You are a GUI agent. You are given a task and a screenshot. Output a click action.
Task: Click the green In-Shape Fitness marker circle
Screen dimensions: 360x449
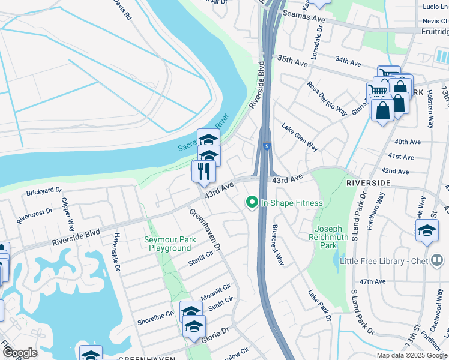pyautogui.click(x=253, y=203)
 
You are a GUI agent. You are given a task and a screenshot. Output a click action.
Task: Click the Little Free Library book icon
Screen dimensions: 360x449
pyautogui.click(x=437, y=260)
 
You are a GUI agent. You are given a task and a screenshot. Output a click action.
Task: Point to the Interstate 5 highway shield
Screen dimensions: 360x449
pyautogui.click(x=265, y=145)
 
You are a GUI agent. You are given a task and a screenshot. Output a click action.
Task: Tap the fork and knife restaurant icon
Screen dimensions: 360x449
pyautogui.click(x=204, y=171)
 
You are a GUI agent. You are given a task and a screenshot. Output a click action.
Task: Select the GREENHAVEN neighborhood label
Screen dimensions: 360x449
pyautogui.click(x=143, y=358)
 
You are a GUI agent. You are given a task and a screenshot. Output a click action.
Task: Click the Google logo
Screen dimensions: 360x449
pyautogui.click(x=20, y=353)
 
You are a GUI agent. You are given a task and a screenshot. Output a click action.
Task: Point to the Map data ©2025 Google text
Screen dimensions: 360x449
pyautogui.click(x=411, y=355)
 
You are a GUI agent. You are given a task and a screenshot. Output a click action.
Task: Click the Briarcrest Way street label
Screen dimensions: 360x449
pyautogui.click(x=277, y=245)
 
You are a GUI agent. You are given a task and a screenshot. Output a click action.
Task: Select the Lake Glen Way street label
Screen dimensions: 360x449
pyautogui.click(x=300, y=137)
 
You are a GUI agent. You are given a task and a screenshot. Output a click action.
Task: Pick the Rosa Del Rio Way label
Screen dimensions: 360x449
pyautogui.click(x=327, y=98)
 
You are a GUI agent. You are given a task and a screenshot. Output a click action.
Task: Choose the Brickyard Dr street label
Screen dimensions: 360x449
pyautogui.click(x=44, y=192)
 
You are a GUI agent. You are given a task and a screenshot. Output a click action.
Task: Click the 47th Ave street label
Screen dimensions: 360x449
pyautogui.click(x=372, y=281)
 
